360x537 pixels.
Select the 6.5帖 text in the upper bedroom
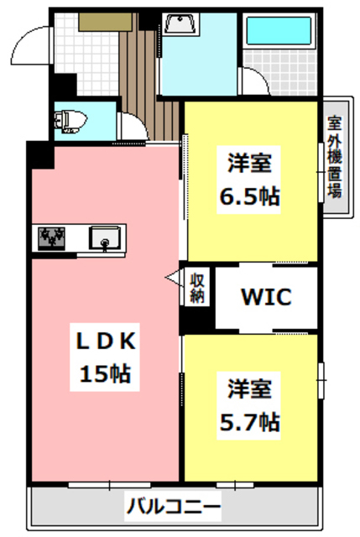[249, 199]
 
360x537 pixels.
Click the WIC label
[266, 297]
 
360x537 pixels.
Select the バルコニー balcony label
[174, 507]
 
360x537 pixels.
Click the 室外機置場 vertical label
[333, 156]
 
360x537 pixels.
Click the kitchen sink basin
[106, 237]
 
